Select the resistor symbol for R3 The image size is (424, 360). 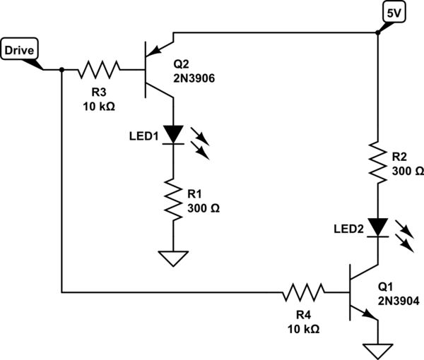100,69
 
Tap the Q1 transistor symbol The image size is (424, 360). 358,291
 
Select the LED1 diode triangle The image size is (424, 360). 172,133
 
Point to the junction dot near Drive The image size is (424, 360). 62,69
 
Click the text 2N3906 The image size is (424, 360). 194,77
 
